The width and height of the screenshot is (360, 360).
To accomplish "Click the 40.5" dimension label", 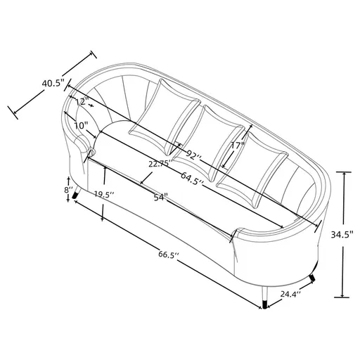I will click(x=53, y=84).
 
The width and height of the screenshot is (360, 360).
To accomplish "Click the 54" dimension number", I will click(x=160, y=198).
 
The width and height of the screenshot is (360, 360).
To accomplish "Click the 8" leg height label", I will click(x=67, y=189).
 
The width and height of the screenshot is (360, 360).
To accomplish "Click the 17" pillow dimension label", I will click(x=237, y=146).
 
